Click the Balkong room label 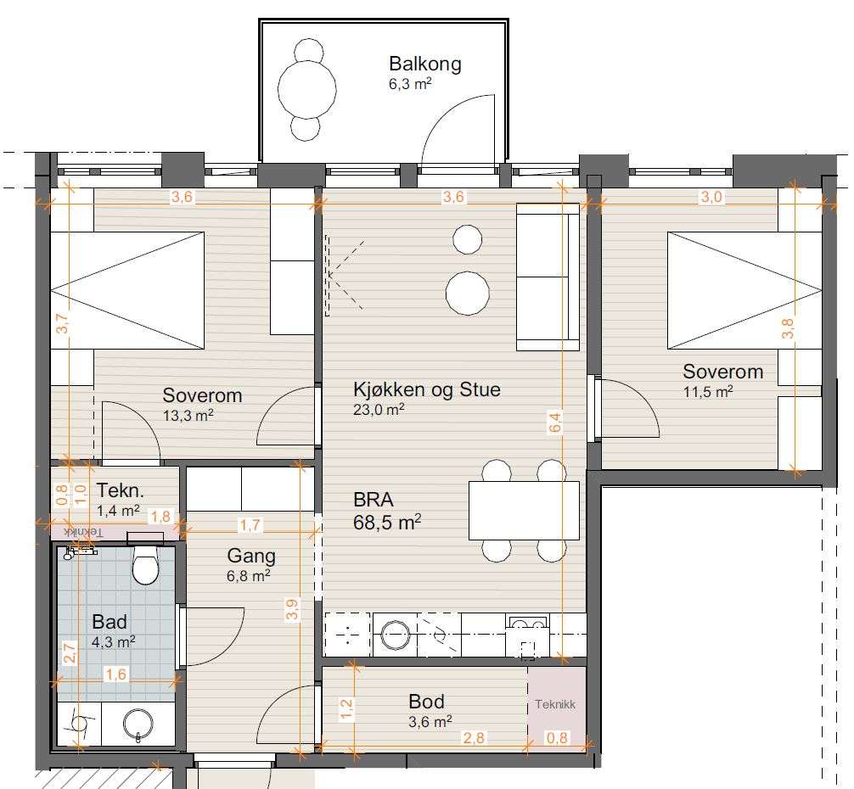424,64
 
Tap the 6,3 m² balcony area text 410,84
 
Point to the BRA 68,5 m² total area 387,511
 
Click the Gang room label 251,556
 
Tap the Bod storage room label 426,702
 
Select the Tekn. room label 121,491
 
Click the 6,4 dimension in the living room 555,422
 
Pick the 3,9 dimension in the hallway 293,609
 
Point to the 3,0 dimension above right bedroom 711,197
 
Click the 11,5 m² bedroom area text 708,392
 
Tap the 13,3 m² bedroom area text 188,416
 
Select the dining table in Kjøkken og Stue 524,511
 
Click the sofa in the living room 548,277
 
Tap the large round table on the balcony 307,89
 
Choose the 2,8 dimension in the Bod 474,738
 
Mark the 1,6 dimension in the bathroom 115,674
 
